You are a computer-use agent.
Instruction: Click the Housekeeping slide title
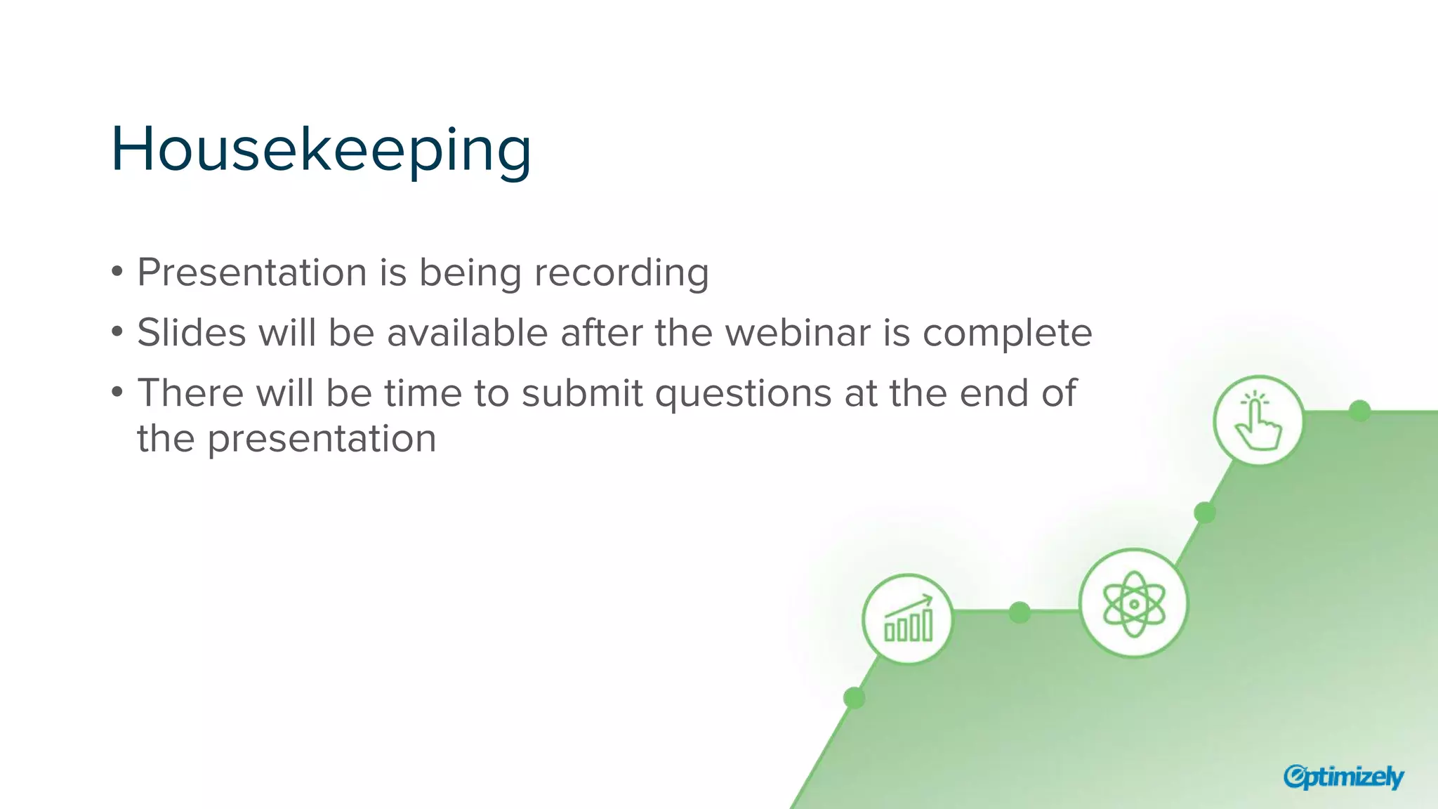[x=321, y=150]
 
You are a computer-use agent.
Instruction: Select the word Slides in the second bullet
[x=191, y=333]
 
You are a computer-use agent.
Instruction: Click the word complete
[x=1007, y=333]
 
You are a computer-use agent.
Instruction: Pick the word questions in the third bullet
[x=744, y=393]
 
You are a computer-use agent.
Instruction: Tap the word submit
[x=581, y=393]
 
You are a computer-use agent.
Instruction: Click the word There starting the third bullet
[x=190, y=393]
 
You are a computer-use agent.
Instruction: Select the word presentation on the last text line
[x=322, y=439]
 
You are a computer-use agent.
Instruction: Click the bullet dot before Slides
[x=117, y=331]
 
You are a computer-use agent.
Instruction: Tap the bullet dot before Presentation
[x=117, y=271]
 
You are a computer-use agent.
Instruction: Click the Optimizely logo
[x=1343, y=777]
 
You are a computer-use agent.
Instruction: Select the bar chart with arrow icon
[x=908, y=619]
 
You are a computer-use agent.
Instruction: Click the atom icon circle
[x=1133, y=603]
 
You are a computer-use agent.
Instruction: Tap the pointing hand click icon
[x=1258, y=421]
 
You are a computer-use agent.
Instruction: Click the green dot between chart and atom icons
[x=1020, y=612]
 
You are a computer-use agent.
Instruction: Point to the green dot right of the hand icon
[x=1360, y=411]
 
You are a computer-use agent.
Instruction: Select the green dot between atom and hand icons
[x=1205, y=513]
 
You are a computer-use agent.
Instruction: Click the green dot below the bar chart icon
[x=854, y=698]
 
